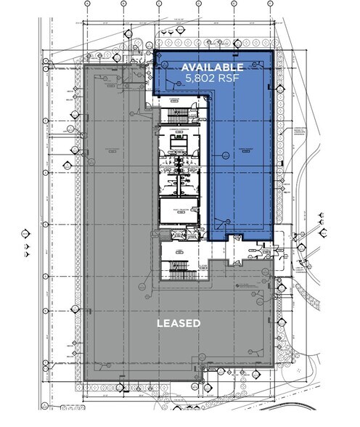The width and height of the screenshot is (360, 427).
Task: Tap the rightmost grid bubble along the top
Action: (270, 4)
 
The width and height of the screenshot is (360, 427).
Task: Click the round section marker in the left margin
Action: (27, 233)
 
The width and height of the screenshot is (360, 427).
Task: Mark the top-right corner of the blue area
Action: (274, 52)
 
